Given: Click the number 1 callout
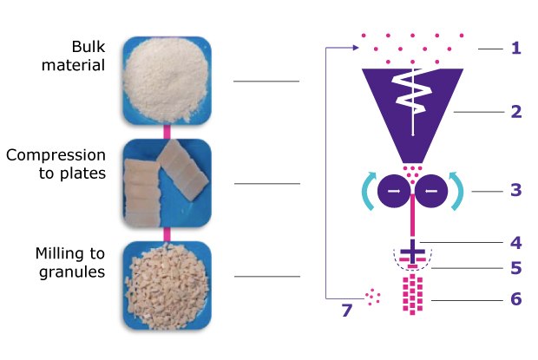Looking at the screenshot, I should [515, 49].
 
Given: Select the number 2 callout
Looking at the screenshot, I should [515, 112].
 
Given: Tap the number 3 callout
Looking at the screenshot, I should [515, 190].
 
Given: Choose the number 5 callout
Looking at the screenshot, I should [515, 269].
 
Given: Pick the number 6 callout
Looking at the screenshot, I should [515, 300].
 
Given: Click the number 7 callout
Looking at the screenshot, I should [347, 309].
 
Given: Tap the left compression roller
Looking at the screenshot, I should [395, 190].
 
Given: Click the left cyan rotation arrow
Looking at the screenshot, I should [367, 190].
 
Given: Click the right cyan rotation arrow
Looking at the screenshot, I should [459, 190].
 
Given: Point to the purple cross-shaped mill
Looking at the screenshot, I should [414, 251].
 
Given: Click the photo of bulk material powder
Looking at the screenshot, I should [166, 80].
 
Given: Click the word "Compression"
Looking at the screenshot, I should [56, 155].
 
